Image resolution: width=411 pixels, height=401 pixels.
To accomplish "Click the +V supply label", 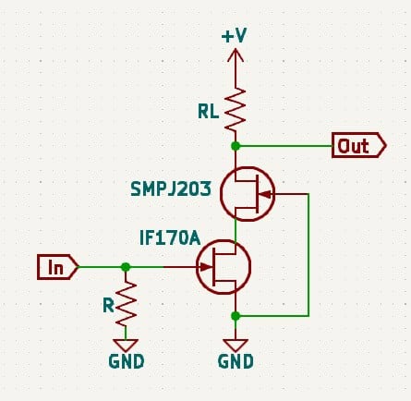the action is click(235, 36).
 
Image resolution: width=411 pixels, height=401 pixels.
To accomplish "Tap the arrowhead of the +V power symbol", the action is click(236, 55).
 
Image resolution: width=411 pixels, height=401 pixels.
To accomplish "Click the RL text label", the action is click(209, 111).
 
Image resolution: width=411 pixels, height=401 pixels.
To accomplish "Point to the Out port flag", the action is click(359, 145).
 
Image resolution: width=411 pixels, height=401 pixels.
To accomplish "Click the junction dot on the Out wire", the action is click(236, 146).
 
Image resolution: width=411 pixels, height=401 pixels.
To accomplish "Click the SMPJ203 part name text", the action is click(171, 188).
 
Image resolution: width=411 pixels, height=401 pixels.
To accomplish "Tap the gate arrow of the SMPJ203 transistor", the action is click(265, 194).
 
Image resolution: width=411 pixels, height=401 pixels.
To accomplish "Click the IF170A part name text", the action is click(170, 238).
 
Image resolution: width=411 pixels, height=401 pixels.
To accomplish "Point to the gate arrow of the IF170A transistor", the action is click(205, 267).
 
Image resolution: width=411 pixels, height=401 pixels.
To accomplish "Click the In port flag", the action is click(57, 267).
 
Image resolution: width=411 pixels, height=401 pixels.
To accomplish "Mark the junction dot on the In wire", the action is click(126, 267).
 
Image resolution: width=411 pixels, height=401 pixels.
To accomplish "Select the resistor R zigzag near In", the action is click(126, 304).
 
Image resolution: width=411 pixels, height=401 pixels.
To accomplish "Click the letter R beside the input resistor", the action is click(109, 306).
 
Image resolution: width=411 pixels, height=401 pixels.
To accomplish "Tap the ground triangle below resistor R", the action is click(126, 346).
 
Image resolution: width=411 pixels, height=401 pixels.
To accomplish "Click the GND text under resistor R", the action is click(127, 361).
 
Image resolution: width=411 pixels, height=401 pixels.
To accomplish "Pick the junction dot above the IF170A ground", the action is click(236, 316).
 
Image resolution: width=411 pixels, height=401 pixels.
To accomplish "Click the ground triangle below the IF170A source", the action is click(236, 346).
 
